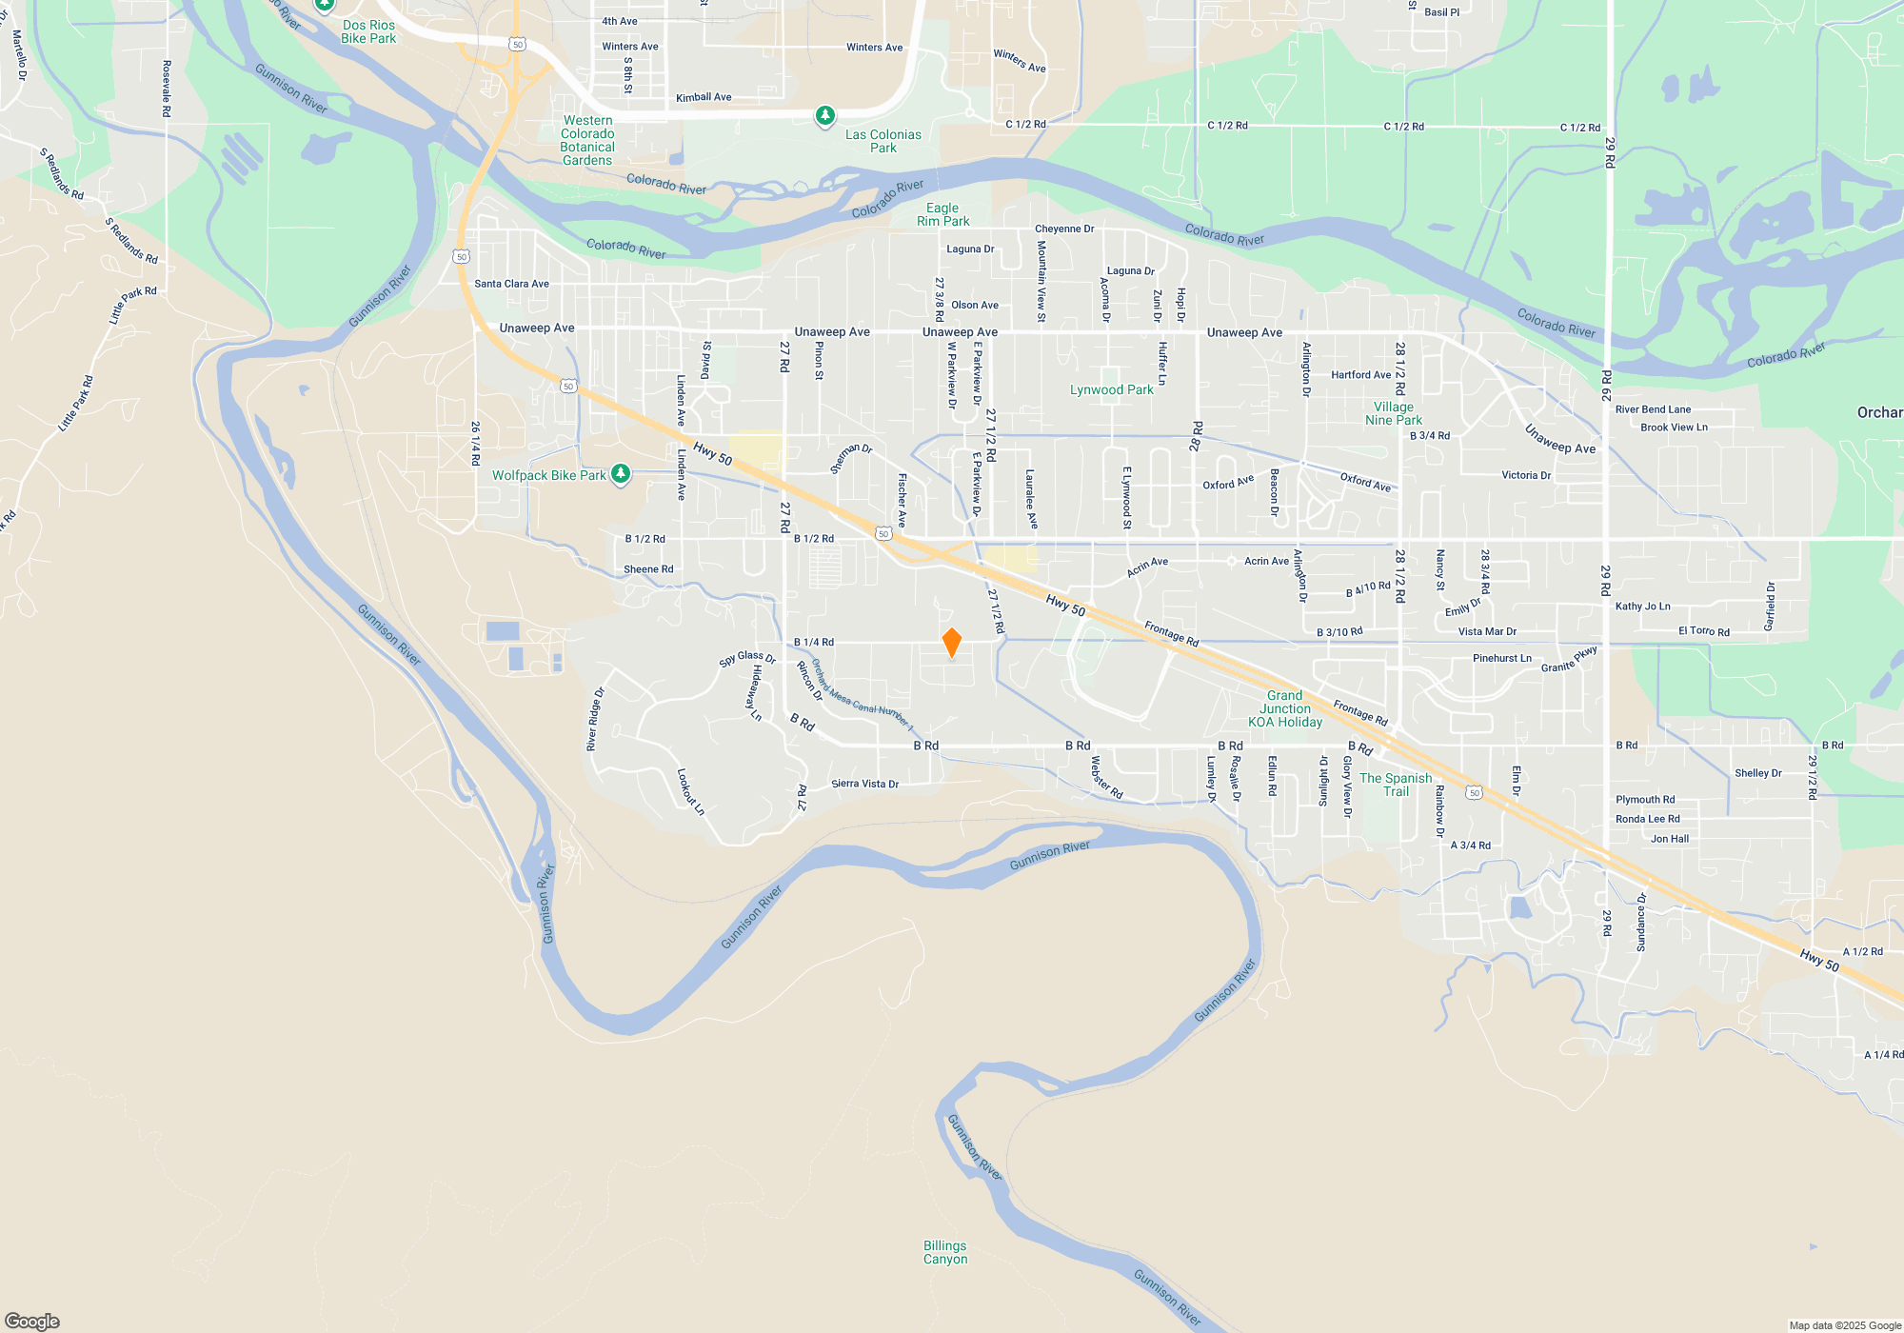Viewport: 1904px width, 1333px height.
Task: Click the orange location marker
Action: tap(951, 643)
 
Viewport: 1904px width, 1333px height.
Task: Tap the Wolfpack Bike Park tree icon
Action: tap(621, 473)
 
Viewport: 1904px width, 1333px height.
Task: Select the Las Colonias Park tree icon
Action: tap(825, 116)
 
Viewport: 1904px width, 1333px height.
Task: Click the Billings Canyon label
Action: tap(944, 1252)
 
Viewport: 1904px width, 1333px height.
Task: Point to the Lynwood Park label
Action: tap(1111, 389)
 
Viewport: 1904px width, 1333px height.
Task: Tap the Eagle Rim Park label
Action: tap(942, 214)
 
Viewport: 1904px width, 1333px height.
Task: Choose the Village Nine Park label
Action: tap(1393, 413)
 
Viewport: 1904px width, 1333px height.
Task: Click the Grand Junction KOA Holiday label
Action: tap(1284, 708)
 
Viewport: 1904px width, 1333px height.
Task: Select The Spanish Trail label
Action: tap(1396, 785)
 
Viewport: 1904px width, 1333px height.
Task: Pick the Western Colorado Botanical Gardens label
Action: tap(587, 140)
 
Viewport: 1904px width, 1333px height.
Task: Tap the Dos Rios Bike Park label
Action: tap(368, 31)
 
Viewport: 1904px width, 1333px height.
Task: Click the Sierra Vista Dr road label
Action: tap(864, 784)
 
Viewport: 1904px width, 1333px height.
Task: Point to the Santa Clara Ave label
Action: tap(511, 284)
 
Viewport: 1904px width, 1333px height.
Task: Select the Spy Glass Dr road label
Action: tap(747, 658)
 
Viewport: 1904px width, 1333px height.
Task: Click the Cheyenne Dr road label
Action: tap(1064, 229)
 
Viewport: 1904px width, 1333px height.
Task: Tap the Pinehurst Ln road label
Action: tap(1501, 658)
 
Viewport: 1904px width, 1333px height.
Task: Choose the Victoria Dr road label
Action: tap(1526, 475)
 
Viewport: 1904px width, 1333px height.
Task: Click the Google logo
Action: tap(32, 1321)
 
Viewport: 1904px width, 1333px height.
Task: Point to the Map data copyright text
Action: tap(1844, 1325)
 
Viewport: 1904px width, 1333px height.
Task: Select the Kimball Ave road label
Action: tap(704, 97)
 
